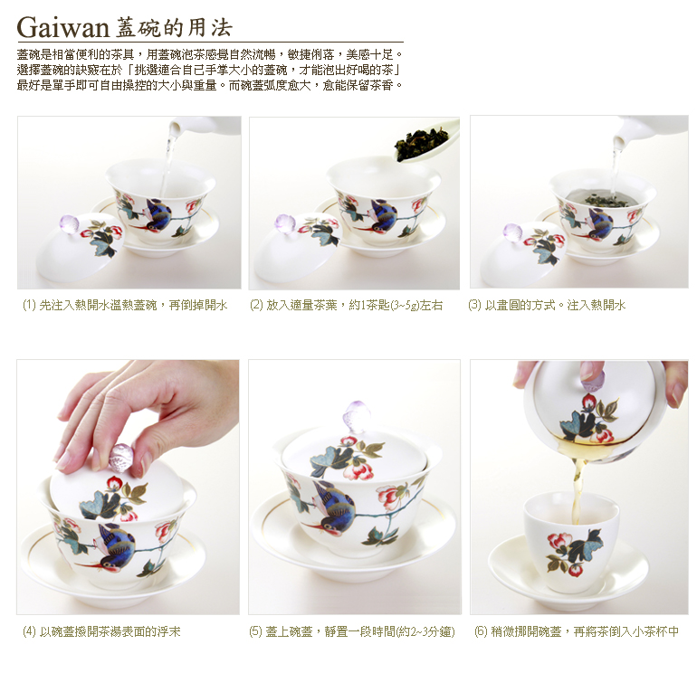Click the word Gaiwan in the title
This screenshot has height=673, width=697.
pos(62,28)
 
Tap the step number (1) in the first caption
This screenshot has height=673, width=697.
pos(29,305)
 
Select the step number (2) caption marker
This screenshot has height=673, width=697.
pos(256,305)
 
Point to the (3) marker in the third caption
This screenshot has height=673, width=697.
pos(474,305)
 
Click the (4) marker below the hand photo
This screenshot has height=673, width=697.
pos(29,631)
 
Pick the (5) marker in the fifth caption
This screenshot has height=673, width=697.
pos(256,631)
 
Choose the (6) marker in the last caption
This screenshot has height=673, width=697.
pos(481,631)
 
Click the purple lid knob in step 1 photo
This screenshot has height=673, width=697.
pos(69,224)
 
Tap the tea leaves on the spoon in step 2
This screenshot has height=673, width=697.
pos(420,143)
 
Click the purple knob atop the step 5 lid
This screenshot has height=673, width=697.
pos(354,415)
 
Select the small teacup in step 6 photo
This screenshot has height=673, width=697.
pos(571,542)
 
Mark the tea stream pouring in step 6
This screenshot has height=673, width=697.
pos(578,488)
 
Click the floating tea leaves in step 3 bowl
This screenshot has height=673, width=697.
pos(606,200)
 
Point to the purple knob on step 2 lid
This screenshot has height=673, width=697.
pos(284,223)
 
